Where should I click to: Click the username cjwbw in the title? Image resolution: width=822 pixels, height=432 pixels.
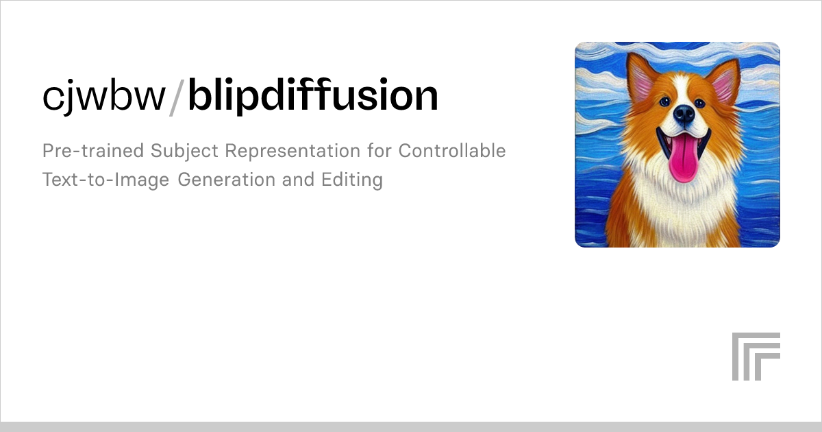tap(103, 97)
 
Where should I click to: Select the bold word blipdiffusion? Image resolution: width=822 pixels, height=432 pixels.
tap(313, 97)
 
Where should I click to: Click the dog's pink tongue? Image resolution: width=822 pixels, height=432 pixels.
tap(682, 161)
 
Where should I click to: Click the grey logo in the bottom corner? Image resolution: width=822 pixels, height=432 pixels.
tap(756, 356)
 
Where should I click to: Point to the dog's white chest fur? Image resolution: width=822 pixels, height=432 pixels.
tap(678, 213)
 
